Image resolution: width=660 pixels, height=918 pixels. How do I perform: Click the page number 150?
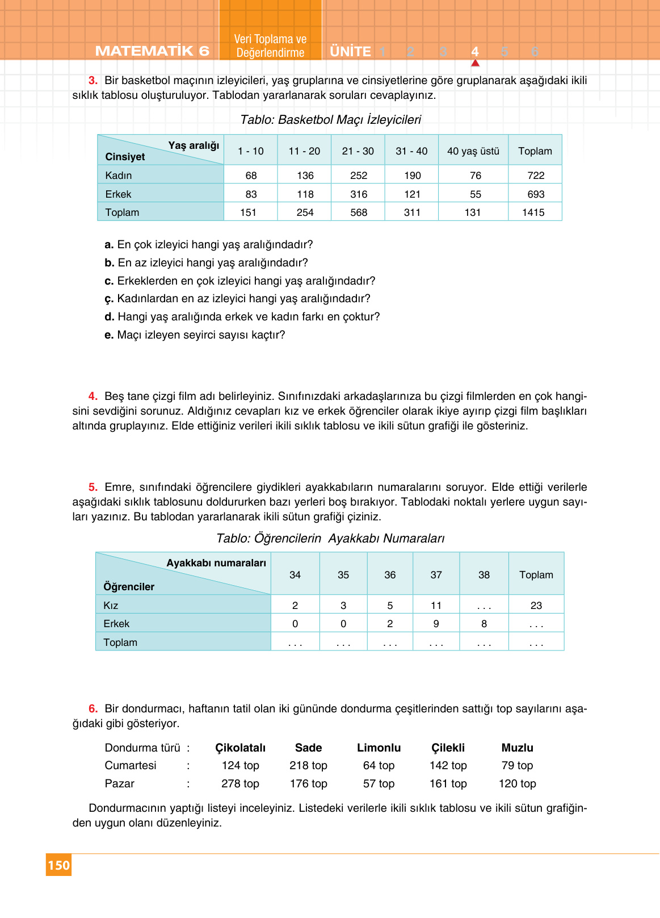coord(58,865)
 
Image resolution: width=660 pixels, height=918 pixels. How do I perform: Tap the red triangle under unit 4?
coord(475,63)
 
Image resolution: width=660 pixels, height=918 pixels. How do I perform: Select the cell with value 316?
coord(359,194)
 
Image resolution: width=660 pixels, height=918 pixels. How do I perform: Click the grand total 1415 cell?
coord(533,212)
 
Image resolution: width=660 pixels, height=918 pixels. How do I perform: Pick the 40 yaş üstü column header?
coord(473,151)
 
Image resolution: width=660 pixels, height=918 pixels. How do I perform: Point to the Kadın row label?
coord(119,176)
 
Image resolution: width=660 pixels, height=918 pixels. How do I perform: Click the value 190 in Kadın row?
coord(412,176)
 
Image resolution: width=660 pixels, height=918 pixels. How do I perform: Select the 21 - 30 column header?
coord(358,151)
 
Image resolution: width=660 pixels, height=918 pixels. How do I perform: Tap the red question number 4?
coord(93,396)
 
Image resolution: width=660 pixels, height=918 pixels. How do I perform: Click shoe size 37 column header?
coord(436,575)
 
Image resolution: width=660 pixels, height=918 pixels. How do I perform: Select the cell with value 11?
coord(436,606)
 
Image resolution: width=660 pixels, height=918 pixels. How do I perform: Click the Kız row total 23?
coord(536,606)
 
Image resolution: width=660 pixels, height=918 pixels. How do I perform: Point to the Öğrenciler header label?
coord(129,587)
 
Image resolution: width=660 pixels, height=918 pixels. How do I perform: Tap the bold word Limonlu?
coord(379,748)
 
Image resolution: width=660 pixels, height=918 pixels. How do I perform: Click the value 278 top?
coord(240,784)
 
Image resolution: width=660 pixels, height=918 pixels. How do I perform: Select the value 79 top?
coord(517,766)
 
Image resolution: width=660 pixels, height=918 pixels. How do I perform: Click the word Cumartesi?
coord(131,766)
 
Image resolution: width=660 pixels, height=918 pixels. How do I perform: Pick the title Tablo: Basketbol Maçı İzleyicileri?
coord(330,120)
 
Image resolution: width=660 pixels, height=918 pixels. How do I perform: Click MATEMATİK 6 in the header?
coord(152,51)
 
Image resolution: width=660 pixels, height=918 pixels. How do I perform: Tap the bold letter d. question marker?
coord(109,317)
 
